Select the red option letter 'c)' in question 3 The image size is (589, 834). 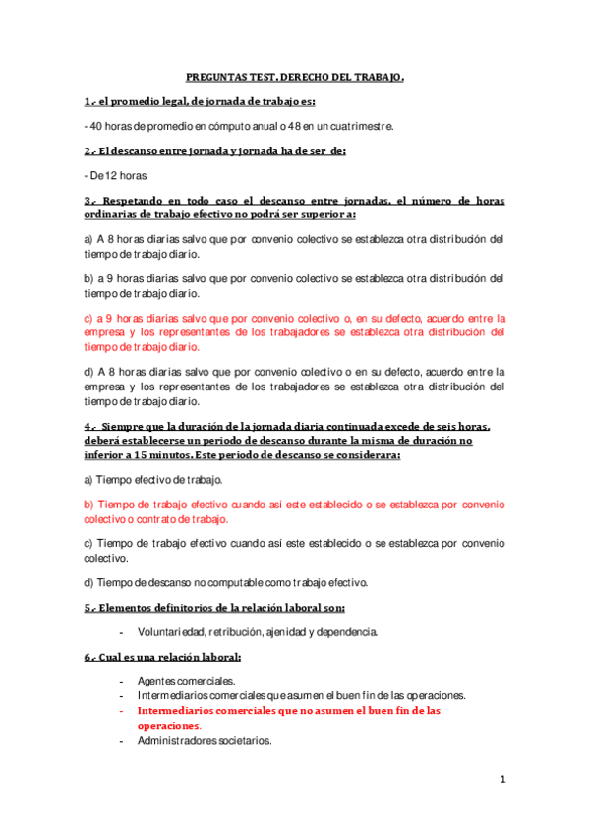click(x=88, y=319)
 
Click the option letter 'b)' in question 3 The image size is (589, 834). click(x=88, y=279)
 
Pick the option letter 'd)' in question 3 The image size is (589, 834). click(x=88, y=372)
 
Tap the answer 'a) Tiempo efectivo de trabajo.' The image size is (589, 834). click(x=153, y=479)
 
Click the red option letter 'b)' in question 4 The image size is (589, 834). click(x=88, y=504)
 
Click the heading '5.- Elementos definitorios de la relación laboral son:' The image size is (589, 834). click(x=213, y=607)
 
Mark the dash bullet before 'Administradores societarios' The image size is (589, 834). click(x=121, y=740)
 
